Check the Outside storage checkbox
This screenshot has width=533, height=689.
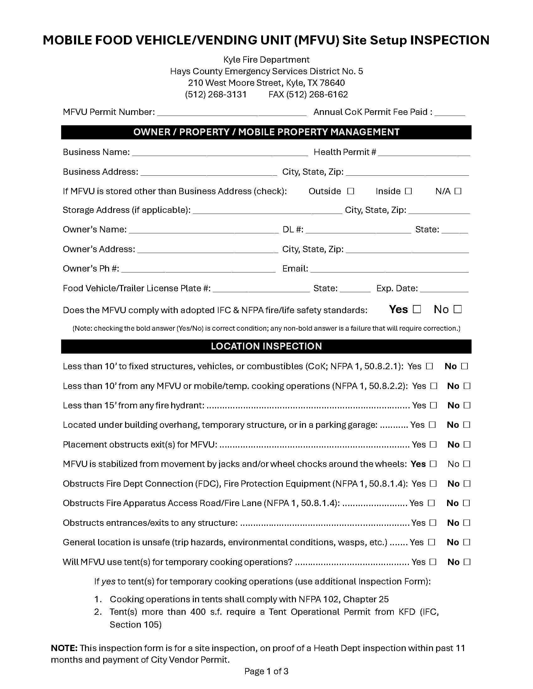pos(351,191)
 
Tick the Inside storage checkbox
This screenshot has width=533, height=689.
pos(408,191)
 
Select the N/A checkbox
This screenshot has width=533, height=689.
pos(458,191)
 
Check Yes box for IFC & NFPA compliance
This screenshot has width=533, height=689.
pos(417,309)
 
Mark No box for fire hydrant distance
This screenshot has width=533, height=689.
pos(467,405)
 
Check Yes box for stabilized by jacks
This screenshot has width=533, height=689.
pos(433,464)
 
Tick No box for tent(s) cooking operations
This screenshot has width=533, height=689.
pos(467,562)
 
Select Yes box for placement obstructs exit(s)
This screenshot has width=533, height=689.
pos(433,444)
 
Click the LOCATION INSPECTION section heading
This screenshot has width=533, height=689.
pos(266,346)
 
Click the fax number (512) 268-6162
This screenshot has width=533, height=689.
pos(308,95)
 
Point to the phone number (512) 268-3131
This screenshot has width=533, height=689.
pos(216,95)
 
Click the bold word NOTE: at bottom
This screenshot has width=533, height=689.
pos(64,648)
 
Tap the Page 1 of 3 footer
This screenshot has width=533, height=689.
pos(266,671)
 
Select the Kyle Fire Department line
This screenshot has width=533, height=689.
pos(266,60)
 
